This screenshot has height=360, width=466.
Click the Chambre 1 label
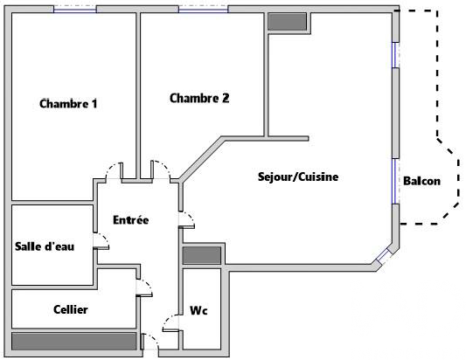pyautogui.click(x=68, y=104)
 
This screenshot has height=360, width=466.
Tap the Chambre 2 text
pyautogui.click(x=199, y=98)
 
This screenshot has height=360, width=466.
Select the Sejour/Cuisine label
pyautogui.click(x=298, y=177)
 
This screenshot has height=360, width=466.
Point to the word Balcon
pyautogui.click(x=421, y=181)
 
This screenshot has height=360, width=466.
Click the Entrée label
pyautogui.click(x=131, y=220)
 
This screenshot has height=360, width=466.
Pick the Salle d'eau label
pyautogui.click(x=45, y=246)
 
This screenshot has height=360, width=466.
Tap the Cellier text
pyautogui.click(x=71, y=309)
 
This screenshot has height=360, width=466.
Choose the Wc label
pyautogui.click(x=198, y=311)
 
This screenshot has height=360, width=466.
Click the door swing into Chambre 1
pyautogui.click(x=115, y=170)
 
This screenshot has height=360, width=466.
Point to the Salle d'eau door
pyautogui.click(x=101, y=241)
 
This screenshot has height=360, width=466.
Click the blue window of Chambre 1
pyautogui.click(x=75, y=10)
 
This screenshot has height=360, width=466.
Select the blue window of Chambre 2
pyautogui.click(x=204, y=10)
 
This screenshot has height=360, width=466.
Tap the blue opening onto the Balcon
pyautogui.click(x=395, y=182)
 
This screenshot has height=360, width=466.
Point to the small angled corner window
pyautogui.click(x=384, y=257)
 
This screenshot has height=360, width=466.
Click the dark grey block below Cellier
pyautogui.click(x=74, y=342)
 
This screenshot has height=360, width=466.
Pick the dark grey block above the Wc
pyautogui.click(x=202, y=255)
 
